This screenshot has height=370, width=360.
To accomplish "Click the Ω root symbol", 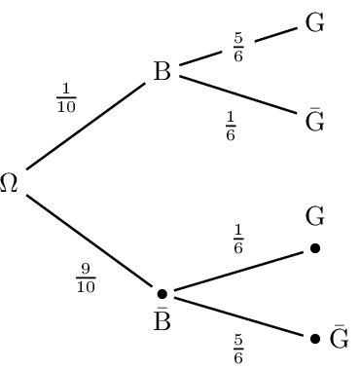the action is [10, 184].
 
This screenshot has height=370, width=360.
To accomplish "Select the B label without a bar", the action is [162, 72].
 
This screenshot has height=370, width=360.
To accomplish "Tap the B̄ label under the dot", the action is [162, 321].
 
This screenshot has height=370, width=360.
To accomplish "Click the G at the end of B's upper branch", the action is [314, 23].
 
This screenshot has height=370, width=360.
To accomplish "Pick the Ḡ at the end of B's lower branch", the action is [314, 122].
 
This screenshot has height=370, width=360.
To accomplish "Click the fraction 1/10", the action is [66, 100].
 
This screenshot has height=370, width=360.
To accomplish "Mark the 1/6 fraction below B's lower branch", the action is [231, 126].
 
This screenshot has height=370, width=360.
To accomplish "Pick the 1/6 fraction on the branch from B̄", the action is [237, 238].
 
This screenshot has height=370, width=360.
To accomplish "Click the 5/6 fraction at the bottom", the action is [237, 348].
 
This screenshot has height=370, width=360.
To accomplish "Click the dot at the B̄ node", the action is [162, 293].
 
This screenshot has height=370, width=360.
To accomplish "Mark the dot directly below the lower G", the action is [314, 248].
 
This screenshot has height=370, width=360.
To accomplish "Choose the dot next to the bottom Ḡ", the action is [314, 339].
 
